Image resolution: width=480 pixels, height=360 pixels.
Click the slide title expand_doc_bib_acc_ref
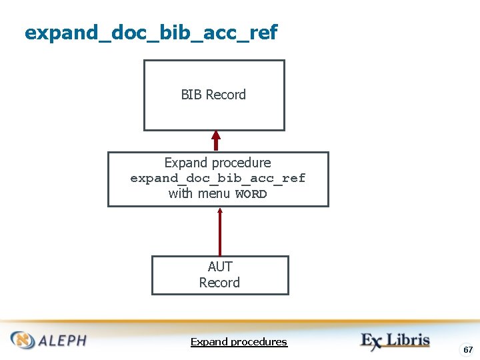[151, 32]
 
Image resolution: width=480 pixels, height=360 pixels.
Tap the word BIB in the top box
[191, 95]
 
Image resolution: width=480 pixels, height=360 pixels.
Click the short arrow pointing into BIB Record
[215, 141]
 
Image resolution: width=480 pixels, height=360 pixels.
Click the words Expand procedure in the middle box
[217, 163]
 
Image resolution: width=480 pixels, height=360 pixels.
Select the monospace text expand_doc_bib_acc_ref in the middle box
[217, 178]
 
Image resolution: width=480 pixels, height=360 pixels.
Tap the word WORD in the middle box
[251, 194]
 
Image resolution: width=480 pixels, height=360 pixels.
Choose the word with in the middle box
[181, 193]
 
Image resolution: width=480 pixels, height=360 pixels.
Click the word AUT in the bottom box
[219, 267]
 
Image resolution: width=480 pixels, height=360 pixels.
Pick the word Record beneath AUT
[219, 283]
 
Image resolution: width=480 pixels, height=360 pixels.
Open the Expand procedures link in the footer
[239, 342]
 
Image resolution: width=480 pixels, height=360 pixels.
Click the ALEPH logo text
[62, 341]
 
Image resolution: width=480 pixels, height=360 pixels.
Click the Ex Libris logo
[395, 340]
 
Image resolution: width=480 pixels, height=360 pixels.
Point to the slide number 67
[468, 350]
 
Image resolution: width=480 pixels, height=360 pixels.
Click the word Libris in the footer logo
[409, 340]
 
